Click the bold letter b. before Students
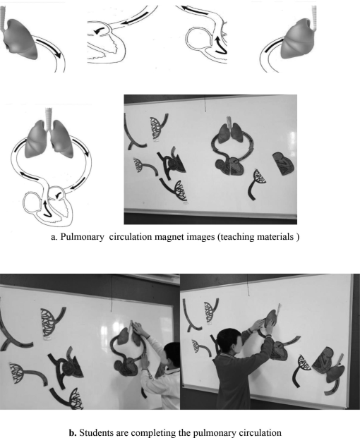(73, 433)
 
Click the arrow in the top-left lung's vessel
(49, 48)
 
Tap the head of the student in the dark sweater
(229, 340)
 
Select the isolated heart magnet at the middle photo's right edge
(284, 164)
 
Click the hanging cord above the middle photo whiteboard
(205, 104)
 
